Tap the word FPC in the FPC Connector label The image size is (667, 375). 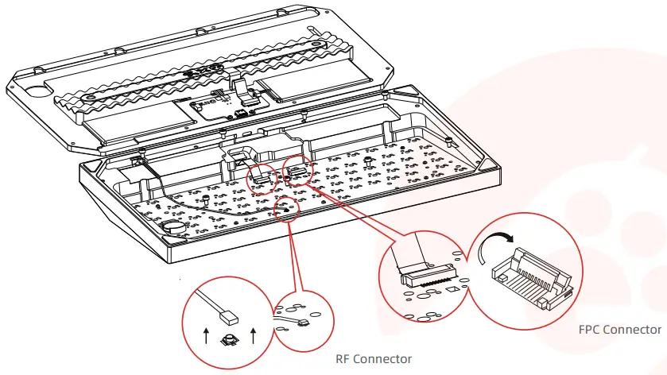[591, 329]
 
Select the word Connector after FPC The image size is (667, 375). [633, 329]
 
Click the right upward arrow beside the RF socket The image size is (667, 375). [252, 334]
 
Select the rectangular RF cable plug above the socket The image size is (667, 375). [229, 319]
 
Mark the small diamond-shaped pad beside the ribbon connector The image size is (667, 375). [451, 291]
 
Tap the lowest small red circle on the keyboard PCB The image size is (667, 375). [286, 208]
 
